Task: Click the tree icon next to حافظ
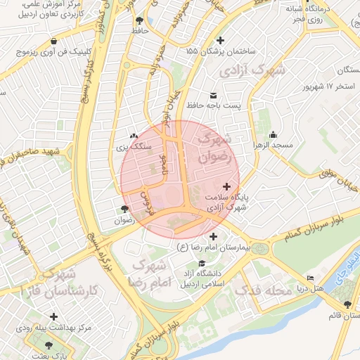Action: pos(139,20)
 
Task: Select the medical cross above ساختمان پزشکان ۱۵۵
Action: pos(222,40)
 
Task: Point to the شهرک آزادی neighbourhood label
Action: pos(253,71)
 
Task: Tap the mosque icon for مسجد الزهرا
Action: pos(274,135)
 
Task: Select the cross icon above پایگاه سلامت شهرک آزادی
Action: pos(226,186)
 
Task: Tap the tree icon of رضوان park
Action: pos(125,209)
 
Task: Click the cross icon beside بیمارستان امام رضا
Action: pos(213,237)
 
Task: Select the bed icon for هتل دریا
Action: pos(310,278)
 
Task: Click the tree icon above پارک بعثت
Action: pos(48,345)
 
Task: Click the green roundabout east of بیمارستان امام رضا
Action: pos(261,248)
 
